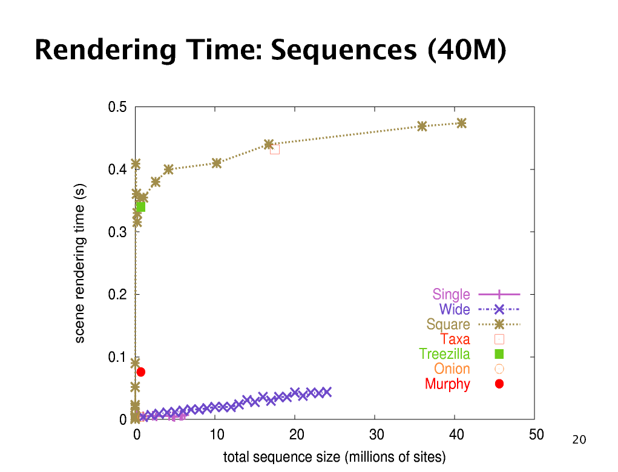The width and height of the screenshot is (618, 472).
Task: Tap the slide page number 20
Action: (579, 440)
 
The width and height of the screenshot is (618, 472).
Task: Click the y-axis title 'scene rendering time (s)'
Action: (79, 264)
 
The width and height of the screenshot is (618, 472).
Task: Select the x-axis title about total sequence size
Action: (334, 457)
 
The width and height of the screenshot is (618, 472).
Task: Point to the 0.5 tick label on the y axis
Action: (117, 108)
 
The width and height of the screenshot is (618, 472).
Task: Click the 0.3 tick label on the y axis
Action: (117, 232)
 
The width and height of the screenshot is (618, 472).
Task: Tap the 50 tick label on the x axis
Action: (536, 434)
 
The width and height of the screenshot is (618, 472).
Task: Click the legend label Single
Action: (451, 295)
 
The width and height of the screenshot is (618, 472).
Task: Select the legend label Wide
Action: (455, 310)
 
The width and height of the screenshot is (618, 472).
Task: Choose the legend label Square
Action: (448, 324)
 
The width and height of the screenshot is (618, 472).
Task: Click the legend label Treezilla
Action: (444, 354)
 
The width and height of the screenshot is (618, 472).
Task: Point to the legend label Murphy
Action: (447, 384)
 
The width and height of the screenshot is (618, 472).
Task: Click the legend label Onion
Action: (452, 369)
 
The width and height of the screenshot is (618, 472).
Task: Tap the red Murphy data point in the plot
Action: (141, 372)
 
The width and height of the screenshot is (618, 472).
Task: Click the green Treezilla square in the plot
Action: (141, 207)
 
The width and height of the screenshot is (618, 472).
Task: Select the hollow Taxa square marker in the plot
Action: (275, 149)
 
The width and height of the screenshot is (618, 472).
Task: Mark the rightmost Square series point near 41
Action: (462, 123)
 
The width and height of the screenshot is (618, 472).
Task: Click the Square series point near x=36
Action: (422, 126)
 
